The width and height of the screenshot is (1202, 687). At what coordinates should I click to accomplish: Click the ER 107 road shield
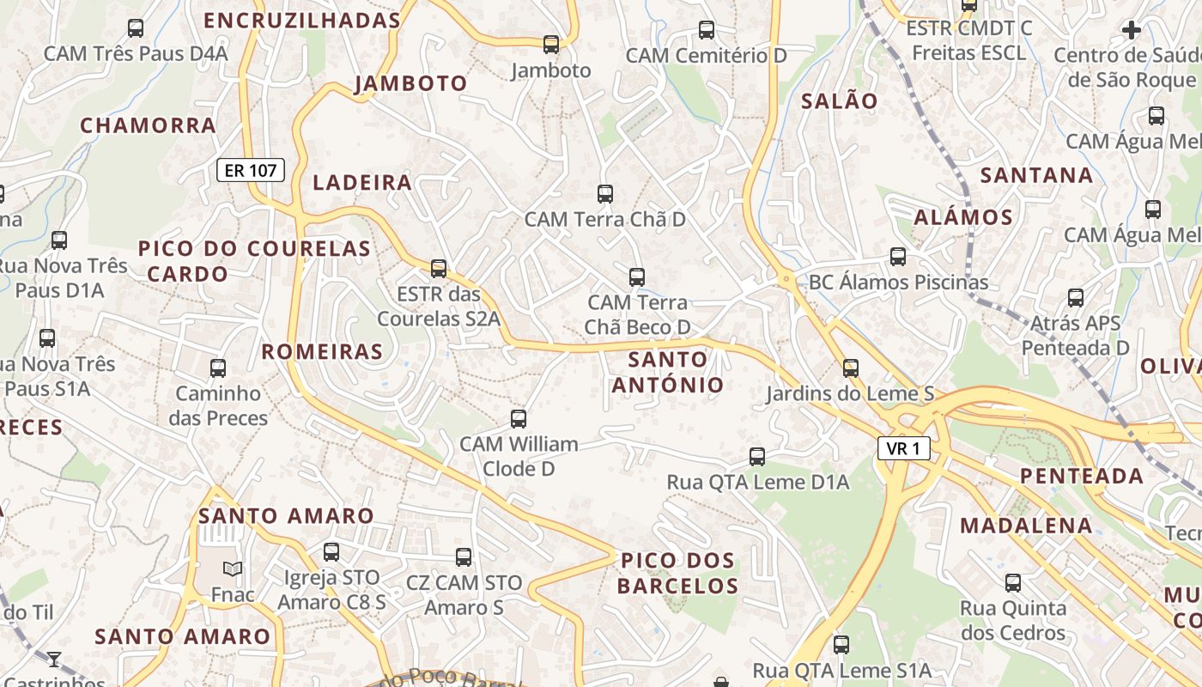250,170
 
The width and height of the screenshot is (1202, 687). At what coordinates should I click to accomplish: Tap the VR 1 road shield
903,447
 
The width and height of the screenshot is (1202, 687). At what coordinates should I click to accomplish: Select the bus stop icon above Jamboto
551,44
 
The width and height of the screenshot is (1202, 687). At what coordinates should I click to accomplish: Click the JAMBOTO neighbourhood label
410,83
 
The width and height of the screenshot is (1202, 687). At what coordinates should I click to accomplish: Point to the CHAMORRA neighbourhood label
148,125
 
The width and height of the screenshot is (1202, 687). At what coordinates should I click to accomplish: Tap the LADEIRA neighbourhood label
362,182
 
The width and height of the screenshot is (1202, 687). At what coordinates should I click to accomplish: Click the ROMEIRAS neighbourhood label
322,351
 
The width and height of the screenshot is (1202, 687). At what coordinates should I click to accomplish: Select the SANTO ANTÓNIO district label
668,372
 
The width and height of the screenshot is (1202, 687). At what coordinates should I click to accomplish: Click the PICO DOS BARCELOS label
677,574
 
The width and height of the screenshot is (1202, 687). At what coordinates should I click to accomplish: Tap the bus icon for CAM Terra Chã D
605,193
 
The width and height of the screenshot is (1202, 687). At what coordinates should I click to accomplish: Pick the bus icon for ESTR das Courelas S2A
439,269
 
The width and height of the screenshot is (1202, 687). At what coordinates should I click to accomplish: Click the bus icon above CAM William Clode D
519,419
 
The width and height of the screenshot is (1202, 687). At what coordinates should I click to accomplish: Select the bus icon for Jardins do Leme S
850,368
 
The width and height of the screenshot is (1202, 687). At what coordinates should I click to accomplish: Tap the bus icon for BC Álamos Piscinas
898,256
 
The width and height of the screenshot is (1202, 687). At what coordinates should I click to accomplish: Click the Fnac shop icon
233,568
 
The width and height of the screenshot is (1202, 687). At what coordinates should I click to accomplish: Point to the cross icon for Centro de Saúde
1132,30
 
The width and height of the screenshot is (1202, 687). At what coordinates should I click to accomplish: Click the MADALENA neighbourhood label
1026,526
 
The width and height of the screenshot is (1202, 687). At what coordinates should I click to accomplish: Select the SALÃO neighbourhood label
839,101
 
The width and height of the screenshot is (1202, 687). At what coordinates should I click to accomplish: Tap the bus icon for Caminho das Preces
218,368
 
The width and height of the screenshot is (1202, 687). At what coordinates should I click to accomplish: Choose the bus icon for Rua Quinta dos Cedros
1013,583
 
